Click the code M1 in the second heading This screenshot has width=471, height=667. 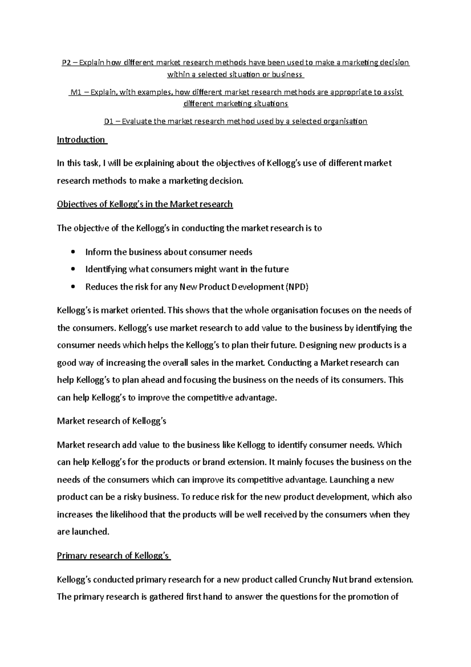pos(75,92)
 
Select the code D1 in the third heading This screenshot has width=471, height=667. pos(109,121)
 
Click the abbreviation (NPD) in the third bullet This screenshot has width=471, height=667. pos(297,287)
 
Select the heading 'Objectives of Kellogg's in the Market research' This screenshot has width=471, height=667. pos(145,204)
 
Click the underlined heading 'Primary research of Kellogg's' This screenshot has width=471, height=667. pos(113,556)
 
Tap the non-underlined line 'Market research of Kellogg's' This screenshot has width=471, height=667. pos(111,421)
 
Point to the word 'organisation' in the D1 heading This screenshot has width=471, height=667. pos(345,121)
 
